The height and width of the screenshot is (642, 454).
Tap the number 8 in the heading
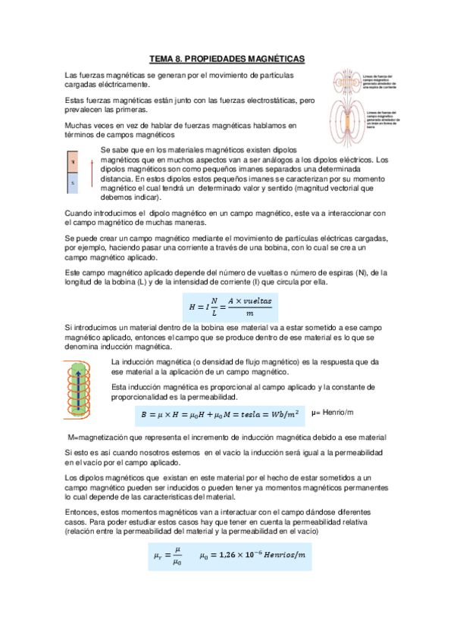(179, 58)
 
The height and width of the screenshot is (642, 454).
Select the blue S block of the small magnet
(73, 182)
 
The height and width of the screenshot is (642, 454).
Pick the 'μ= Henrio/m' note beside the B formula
(333, 411)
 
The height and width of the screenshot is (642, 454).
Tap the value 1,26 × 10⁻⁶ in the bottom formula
(228, 556)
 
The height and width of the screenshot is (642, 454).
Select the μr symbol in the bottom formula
(157, 556)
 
